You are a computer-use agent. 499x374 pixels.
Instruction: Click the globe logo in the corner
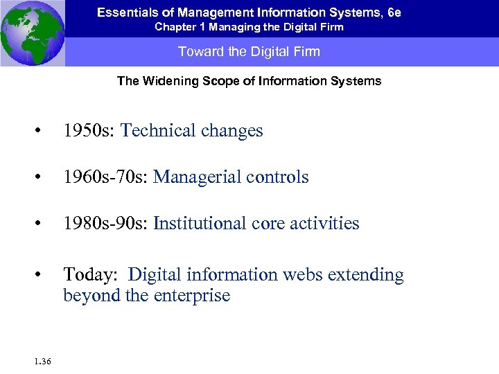tap(32, 33)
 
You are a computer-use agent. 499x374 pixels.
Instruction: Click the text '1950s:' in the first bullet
tap(89, 131)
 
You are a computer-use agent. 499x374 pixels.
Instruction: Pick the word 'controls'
tap(277, 177)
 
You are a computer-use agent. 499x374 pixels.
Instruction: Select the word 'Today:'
tap(89, 275)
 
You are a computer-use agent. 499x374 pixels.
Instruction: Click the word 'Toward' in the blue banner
tap(198, 52)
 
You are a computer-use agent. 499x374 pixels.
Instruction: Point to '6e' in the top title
tap(394, 12)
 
